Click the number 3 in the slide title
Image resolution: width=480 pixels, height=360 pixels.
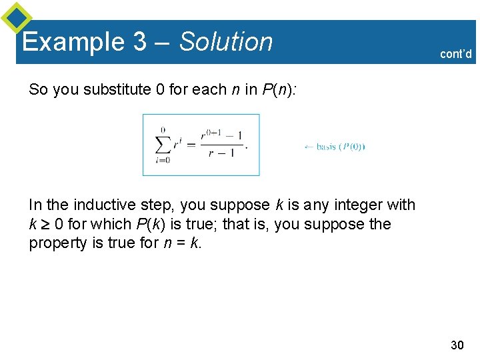(140, 42)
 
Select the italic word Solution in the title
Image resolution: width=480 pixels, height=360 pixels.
(227, 42)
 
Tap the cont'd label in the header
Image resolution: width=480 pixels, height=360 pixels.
(456, 54)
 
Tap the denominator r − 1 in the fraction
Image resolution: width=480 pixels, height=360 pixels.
(221, 153)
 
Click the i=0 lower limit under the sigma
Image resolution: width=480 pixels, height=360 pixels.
(162, 160)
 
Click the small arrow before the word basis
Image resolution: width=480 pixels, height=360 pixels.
(309, 147)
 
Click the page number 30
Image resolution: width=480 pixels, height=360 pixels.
(457, 345)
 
